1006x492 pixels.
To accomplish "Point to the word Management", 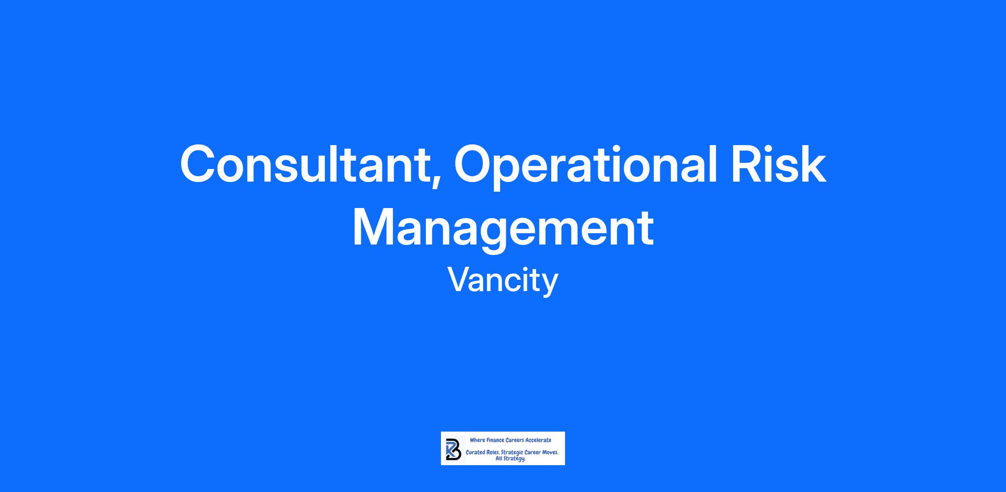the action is point(503,229).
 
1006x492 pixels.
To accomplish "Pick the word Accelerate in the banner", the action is point(539,440).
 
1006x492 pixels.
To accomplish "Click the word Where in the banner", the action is point(477,440).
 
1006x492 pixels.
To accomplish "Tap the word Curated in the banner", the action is point(475,453).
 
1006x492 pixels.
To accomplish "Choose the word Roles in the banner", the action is point(493,453).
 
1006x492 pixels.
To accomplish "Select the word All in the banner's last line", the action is point(499,458).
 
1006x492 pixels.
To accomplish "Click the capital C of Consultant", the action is point(197,163).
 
